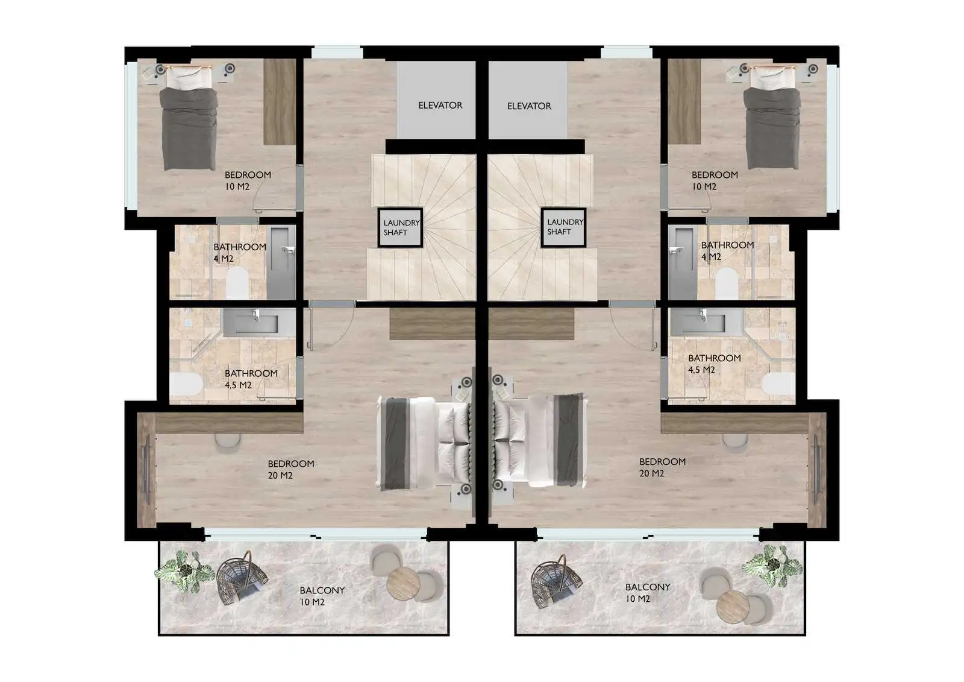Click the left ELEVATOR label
[x=440, y=105]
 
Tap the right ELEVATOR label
[x=529, y=106]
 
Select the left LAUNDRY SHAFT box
[x=400, y=227]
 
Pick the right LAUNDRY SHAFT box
[x=563, y=227]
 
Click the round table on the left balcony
[x=403, y=584]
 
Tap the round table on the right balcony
[x=733, y=606]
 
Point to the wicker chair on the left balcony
[x=242, y=578]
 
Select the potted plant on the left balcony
[x=185, y=571]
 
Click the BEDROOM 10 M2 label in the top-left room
[x=248, y=180]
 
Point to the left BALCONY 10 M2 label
[x=322, y=596]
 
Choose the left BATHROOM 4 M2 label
[x=240, y=253]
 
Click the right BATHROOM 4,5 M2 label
[x=714, y=364]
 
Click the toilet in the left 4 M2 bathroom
[x=237, y=283]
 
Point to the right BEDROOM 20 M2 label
[x=662, y=467]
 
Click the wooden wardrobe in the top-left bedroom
[x=280, y=102]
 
